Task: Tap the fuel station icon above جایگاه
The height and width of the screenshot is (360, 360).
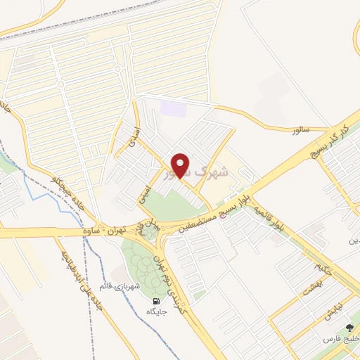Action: pyautogui.click(x=154, y=300)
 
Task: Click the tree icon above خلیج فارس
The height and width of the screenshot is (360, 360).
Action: pyautogui.click(x=349, y=328)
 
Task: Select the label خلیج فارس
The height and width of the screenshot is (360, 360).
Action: pyautogui.click(x=340, y=340)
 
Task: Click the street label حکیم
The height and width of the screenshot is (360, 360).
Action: pyautogui.click(x=322, y=266)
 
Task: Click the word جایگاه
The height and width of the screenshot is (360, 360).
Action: pyautogui.click(x=154, y=311)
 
